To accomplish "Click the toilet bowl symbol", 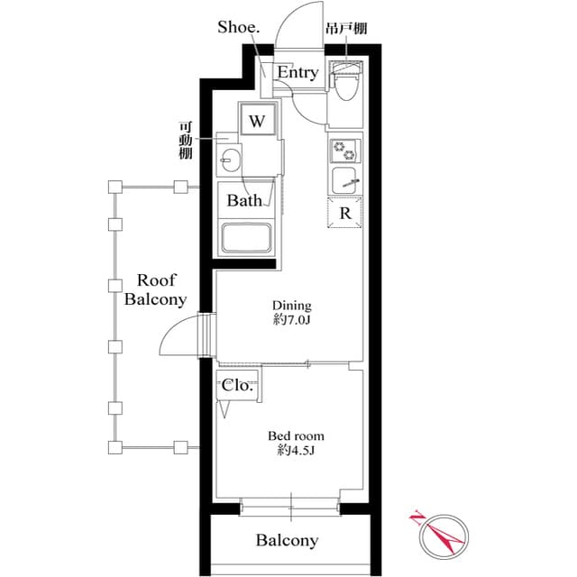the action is coord(346,82).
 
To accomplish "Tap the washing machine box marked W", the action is coord(258,120).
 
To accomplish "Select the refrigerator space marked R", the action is coord(344,213).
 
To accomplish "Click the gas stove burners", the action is coord(344,151).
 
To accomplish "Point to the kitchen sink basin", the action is coord(343,180).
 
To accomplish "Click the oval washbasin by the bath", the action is coord(230,160).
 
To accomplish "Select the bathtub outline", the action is coord(246,238).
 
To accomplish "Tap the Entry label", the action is coord(298,72).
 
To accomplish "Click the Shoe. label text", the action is coord(238,27).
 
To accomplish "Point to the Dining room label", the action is coord(292,306).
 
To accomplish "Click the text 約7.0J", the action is coord(292,320).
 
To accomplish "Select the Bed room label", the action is coord(296,436).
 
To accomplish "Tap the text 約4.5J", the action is coord(296,450).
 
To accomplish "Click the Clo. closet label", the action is coord(237,385).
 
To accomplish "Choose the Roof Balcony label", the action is coord(156,290).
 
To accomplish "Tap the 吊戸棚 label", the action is coord(346,28).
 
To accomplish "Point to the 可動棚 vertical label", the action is coord(186,141).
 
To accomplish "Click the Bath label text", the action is coord(244,200).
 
